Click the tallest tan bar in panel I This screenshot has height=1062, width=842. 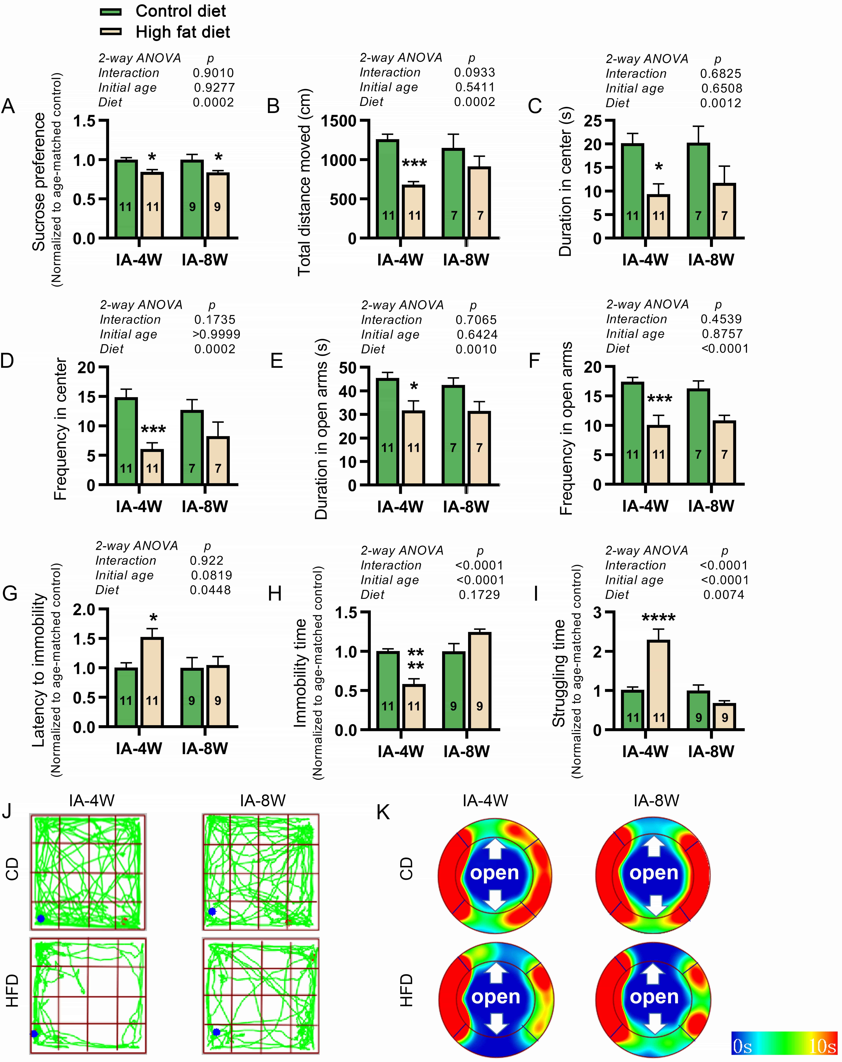pos(659,685)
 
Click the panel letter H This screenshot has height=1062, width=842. pos(274,594)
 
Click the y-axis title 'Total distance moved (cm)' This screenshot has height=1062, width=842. pos(304,182)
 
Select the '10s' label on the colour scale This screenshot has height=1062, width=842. pos(822,1046)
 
